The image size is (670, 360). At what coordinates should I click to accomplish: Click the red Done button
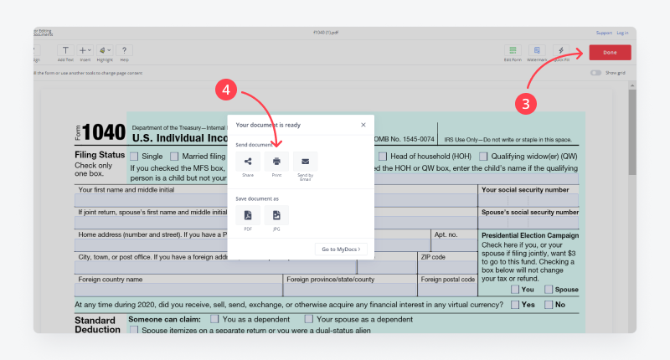coord(610,52)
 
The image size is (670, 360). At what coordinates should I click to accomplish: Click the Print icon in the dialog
coord(276,162)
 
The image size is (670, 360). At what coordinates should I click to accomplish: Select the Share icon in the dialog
coord(248,162)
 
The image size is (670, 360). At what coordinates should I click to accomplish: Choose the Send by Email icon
coord(305,162)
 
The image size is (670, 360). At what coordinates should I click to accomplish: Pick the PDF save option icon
coord(248,216)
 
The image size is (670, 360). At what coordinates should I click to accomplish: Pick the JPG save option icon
coord(276,216)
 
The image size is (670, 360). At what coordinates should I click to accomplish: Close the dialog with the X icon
coord(363,125)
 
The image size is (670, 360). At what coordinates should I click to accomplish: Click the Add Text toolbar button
coord(65,51)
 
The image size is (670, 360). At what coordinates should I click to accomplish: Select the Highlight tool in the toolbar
coord(105,51)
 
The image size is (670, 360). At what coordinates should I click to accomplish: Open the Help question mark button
coord(124,51)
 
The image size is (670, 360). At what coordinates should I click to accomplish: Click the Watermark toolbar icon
coord(537,51)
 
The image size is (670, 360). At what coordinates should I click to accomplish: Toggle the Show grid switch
coord(595,73)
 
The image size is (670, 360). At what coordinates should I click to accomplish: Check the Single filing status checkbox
coord(134,157)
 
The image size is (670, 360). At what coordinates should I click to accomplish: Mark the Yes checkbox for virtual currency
coord(515,305)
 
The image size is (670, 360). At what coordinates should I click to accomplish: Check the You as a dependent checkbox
coord(215,319)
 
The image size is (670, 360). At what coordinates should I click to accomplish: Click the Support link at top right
coord(603,33)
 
